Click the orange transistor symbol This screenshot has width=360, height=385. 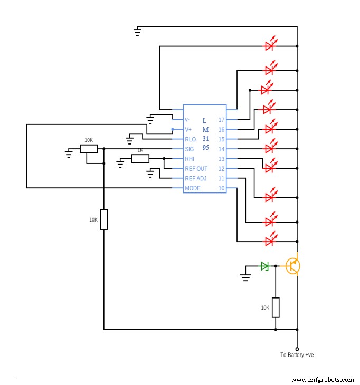[293, 266]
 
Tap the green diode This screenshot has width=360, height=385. [265, 266]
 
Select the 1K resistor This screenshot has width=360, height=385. [140, 158]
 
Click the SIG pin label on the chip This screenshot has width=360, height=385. [190, 149]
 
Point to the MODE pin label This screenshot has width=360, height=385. [192, 188]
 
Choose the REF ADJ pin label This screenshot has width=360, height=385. [195, 179]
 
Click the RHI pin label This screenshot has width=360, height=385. [190, 159]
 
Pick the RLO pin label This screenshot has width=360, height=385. [190, 140]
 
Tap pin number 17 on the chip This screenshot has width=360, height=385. [221, 120]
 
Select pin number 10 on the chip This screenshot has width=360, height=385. [221, 188]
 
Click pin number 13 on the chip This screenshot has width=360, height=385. [221, 159]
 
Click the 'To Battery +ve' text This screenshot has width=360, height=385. [297, 355]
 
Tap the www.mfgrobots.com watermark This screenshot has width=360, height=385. [323, 380]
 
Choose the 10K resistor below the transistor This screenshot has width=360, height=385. [276, 307]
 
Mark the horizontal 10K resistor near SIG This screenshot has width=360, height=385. [89, 149]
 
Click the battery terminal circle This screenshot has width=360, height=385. [297, 349]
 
